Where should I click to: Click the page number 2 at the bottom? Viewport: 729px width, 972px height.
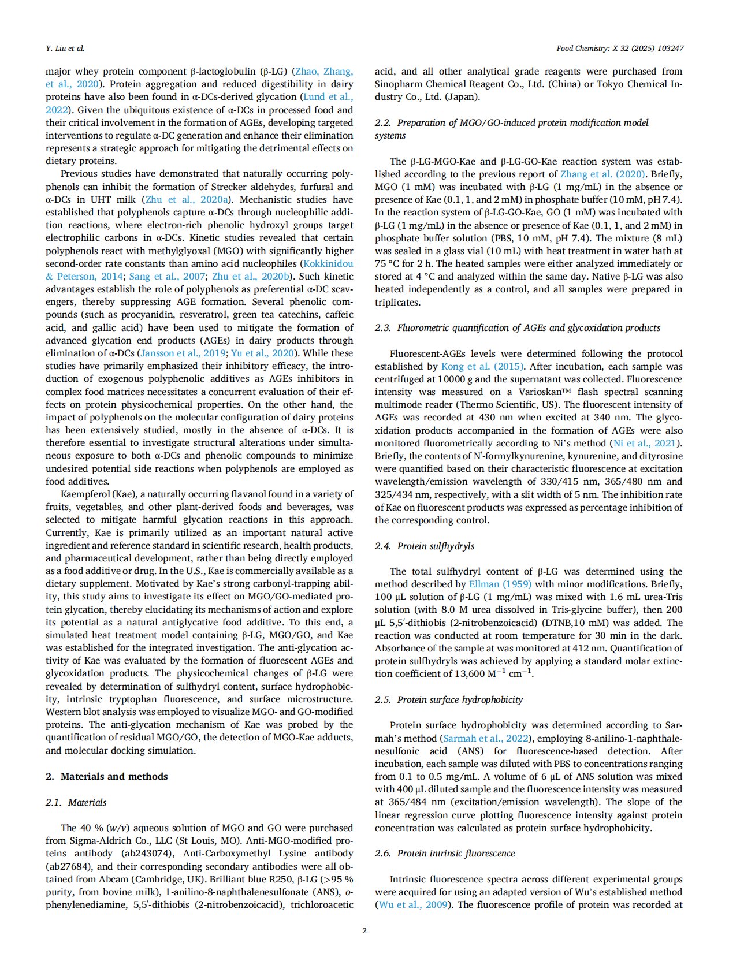pos(364,930)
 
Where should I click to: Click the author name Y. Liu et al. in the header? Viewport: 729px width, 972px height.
pos(65,48)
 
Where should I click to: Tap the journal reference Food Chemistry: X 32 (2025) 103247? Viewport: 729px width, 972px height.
pos(620,48)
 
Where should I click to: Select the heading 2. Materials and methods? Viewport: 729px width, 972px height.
pos(107,776)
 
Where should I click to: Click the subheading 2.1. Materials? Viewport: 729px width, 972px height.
pos(76,802)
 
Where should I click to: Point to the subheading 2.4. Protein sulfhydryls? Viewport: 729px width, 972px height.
pos(425,546)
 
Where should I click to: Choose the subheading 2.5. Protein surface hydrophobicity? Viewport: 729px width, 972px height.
pos(449,699)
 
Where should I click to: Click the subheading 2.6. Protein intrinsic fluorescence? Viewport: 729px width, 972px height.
pos(445,853)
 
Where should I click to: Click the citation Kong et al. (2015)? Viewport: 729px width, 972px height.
pos(482,366)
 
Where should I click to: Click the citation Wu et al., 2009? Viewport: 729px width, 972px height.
pos(413,904)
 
